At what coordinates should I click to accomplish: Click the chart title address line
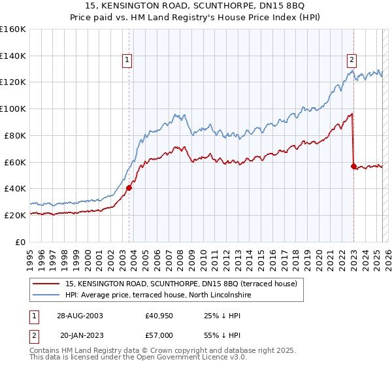(x=195, y=6)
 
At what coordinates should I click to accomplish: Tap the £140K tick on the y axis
(x=13, y=56)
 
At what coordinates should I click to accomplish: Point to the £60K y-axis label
(x=15, y=162)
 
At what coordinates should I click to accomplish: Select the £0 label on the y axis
(x=21, y=242)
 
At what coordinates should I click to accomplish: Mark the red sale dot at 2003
(x=129, y=188)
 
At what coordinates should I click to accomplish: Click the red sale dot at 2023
(x=353, y=166)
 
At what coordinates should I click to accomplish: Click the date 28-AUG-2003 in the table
(x=79, y=315)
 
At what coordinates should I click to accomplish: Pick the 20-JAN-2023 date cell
(x=79, y=335)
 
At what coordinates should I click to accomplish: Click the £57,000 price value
(x=159, y=335)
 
